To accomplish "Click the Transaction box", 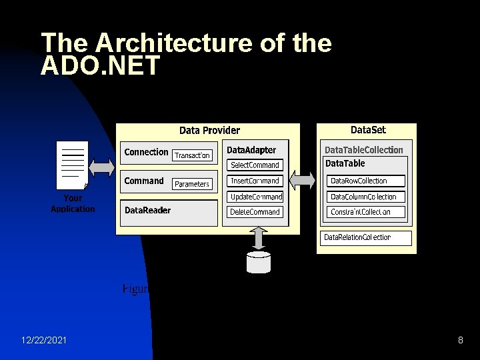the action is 192,155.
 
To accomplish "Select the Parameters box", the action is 192,184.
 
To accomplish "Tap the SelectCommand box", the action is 255,165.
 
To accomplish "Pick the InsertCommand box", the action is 255,181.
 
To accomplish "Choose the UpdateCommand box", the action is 255,197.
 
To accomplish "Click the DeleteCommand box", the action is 255,212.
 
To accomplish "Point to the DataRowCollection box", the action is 366,181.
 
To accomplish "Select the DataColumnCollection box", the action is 366,197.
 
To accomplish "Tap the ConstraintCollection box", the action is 366,212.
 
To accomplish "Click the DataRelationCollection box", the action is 365,237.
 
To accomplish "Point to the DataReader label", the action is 147,211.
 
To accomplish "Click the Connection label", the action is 146,152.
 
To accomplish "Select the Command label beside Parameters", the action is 143,181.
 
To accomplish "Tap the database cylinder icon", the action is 259,262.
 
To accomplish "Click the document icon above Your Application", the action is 72,165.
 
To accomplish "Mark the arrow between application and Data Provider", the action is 101,166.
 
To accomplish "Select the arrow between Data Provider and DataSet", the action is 303,179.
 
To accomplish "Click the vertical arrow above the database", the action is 259,238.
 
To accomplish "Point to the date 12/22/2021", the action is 43,341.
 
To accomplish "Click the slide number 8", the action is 460,341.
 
